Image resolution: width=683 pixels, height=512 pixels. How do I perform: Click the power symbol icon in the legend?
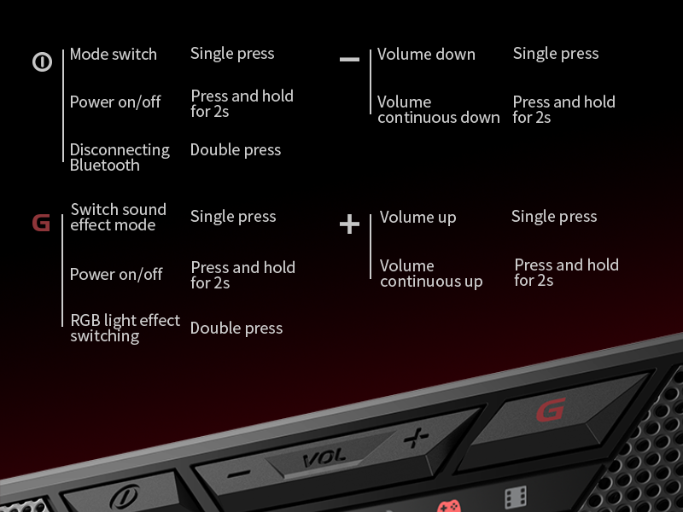click(42, 61)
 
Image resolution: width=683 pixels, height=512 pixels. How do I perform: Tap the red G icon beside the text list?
click(41, 223)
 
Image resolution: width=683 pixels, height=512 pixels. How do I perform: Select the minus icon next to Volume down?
click(349, 59)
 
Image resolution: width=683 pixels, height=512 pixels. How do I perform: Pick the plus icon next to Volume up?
click(349, 224)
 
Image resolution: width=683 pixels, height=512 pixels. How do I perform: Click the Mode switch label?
click(114, 55)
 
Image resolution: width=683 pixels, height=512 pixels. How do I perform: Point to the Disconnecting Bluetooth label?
click(120, 157)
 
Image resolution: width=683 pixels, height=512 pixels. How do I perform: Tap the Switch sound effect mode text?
click(118, 218)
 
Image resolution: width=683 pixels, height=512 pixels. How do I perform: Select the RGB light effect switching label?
click(125, 329)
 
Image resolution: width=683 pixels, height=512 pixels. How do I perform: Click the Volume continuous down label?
click(439, 110)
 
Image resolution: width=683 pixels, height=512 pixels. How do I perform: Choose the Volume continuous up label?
click(431, 274)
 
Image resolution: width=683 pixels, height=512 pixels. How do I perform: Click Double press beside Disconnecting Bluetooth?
click(236, 150)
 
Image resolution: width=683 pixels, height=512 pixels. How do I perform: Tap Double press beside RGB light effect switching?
click(236, 329)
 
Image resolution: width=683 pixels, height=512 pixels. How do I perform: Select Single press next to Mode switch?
click(232, 54)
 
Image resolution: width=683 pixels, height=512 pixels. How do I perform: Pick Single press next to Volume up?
click(554, 217)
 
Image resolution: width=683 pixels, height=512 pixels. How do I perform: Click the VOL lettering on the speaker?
click(324, 458)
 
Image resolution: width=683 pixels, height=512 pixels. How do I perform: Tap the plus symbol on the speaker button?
click(416, 437)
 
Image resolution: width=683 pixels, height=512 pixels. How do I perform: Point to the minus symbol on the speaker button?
click(239, 474)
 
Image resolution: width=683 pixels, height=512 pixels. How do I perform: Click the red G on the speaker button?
click(551, 410)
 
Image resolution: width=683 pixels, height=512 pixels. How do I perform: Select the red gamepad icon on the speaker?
click(449, 506)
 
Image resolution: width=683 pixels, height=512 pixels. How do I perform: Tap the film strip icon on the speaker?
click(516, 497)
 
